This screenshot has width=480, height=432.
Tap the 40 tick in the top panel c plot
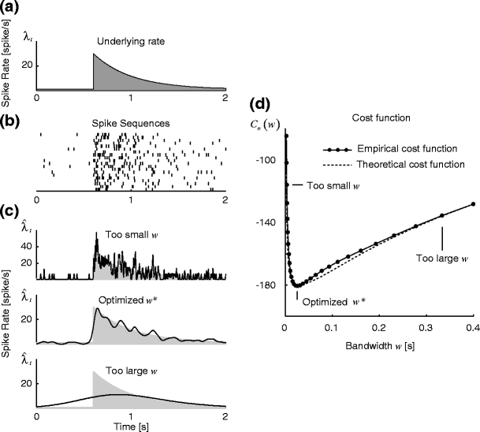(28, 246)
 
